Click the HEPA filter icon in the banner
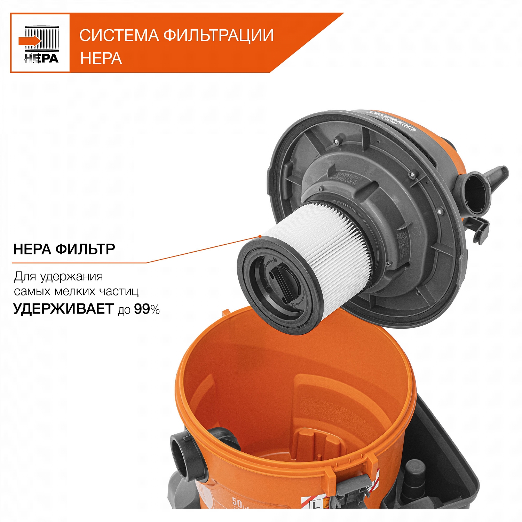pos(40,43)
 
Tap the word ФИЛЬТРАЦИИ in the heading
pos(219,35)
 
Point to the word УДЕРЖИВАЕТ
pos(63,309)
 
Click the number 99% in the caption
pos(147,309)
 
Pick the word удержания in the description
pos(71,277)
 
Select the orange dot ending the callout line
pos(260,236)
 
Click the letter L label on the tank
pos(316,505)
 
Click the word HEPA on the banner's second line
pos(101,58)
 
